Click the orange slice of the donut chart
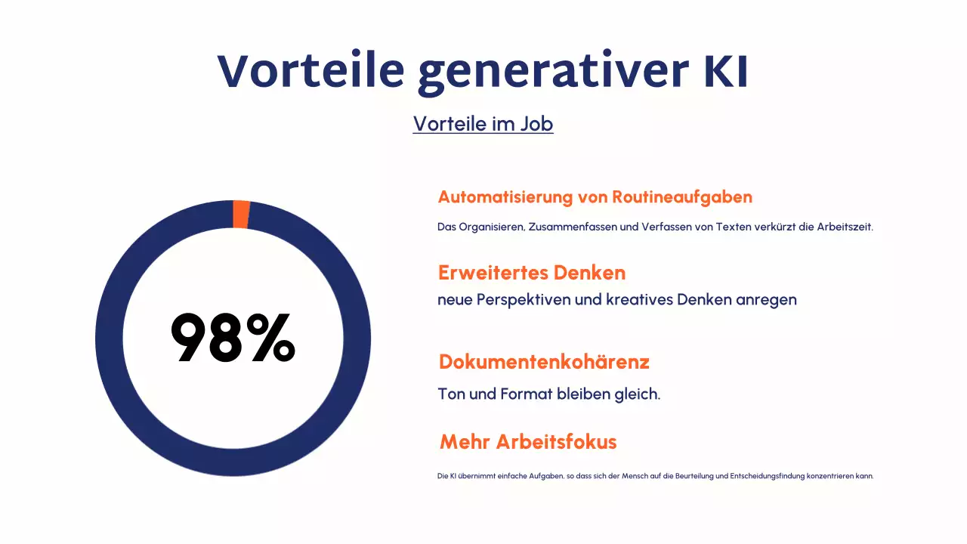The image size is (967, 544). (241, 214)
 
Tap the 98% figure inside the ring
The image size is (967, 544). (233, 339)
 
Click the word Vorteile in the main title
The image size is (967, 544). (311, 72)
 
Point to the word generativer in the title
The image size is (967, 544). (553, 74)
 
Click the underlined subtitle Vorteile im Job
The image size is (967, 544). (483, 123)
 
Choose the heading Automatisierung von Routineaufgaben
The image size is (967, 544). (595, 197)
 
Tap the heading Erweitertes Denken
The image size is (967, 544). (532, 272)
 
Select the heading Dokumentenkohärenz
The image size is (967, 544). (544, 362)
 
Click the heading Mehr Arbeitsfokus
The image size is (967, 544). (528, 442)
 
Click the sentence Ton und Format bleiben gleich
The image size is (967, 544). (548, 394)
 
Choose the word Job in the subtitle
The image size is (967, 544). (536, 123)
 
